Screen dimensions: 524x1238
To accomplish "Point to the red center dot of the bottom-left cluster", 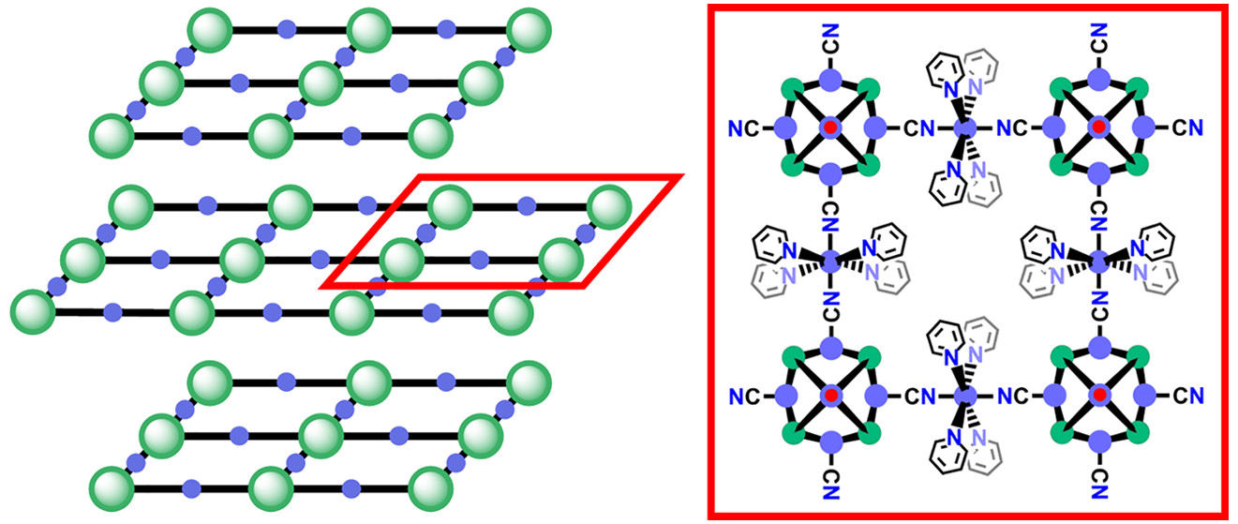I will (829, 397).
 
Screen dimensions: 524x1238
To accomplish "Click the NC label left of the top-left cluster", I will (742, 127).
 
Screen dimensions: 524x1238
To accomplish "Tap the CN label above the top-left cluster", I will (829, 40).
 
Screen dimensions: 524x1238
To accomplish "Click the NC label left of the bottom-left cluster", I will (742, 397).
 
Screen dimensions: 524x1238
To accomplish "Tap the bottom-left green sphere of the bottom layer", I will (112, 488).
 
